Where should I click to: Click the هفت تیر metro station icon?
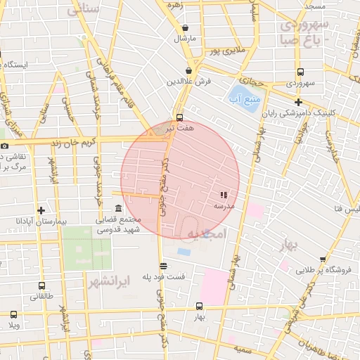(179, 117)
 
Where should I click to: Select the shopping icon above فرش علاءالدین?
(188, 71)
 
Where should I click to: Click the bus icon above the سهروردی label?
(300, 72)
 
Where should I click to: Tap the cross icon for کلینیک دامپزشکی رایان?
(299, 102)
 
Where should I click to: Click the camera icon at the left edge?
(5, 146)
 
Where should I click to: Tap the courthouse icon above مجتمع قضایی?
(117, 209)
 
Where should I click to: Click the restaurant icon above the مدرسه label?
(224, 195)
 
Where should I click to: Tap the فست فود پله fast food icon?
(163, 266)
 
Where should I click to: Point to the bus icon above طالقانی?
(41, 286)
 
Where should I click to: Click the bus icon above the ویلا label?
(13, 315)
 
